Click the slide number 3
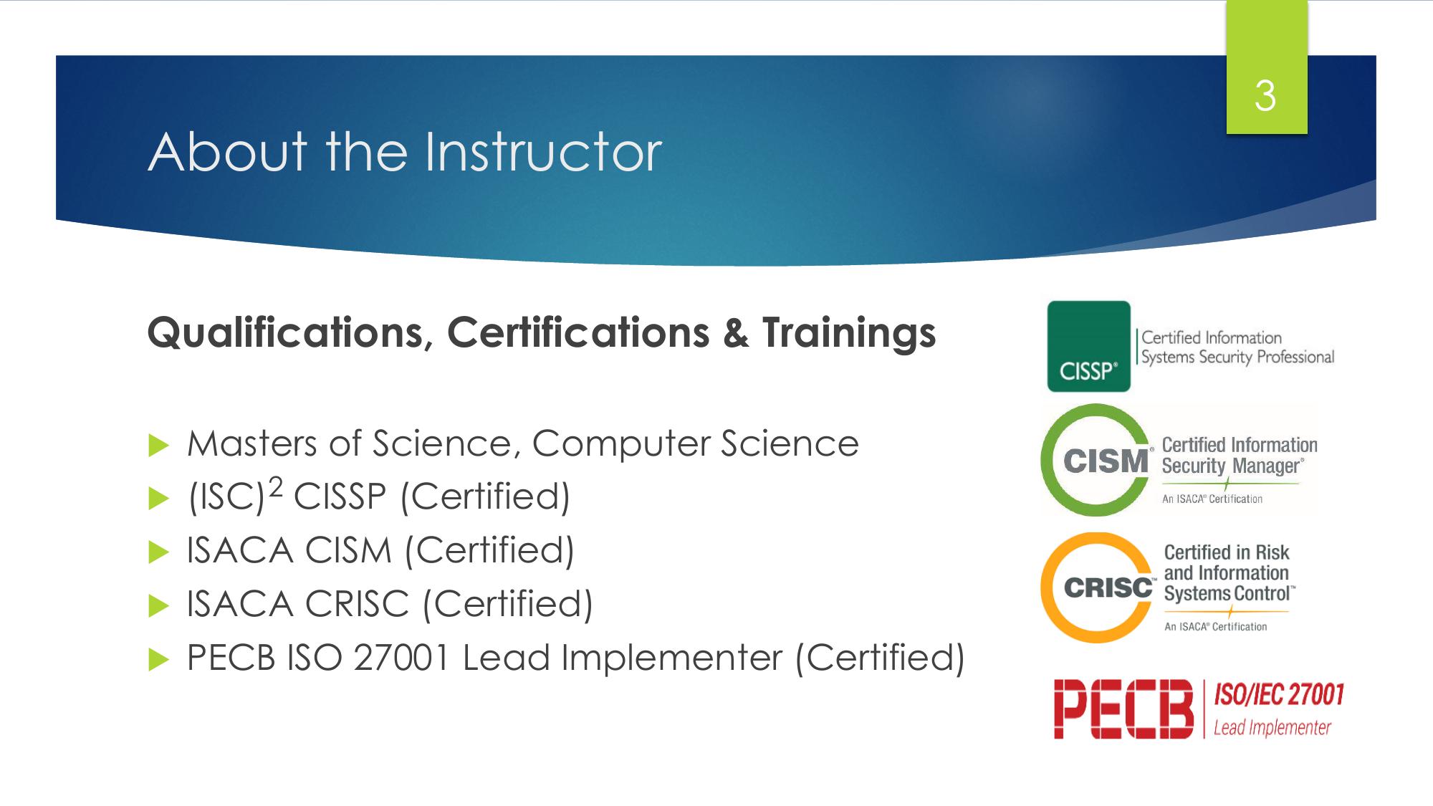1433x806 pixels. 1265,96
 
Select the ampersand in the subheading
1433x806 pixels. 736,333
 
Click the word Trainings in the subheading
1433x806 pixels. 849,334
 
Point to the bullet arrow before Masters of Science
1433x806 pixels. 158,446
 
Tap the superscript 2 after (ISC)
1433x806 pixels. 275,487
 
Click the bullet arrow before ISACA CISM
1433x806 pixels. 158,553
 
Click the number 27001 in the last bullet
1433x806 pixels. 401,658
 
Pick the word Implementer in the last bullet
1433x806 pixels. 671,658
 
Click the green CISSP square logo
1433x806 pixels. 1088,346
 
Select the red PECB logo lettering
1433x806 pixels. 1123,709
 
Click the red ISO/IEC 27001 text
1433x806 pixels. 1279,695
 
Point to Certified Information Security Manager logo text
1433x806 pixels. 1240,456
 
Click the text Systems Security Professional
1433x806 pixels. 1237,357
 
